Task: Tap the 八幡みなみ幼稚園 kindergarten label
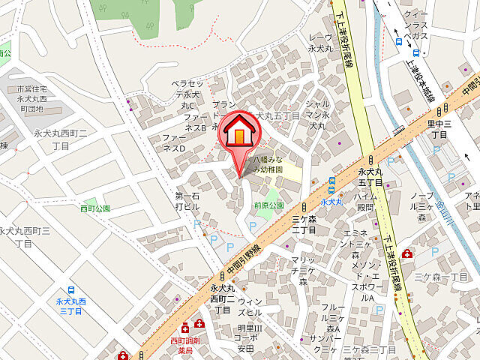pyautogui.click(x=268, y=165)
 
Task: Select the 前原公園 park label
pyautogui.click(x=268, y=205)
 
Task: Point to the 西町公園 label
pyautogui.click(x=96, y=208)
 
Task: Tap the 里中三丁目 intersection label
pyautogui.click(x=437, y=130)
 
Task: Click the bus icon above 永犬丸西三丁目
pyautogui.click(x=71, y=290)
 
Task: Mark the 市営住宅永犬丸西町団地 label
pyautogui.click(x=31, y=99)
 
